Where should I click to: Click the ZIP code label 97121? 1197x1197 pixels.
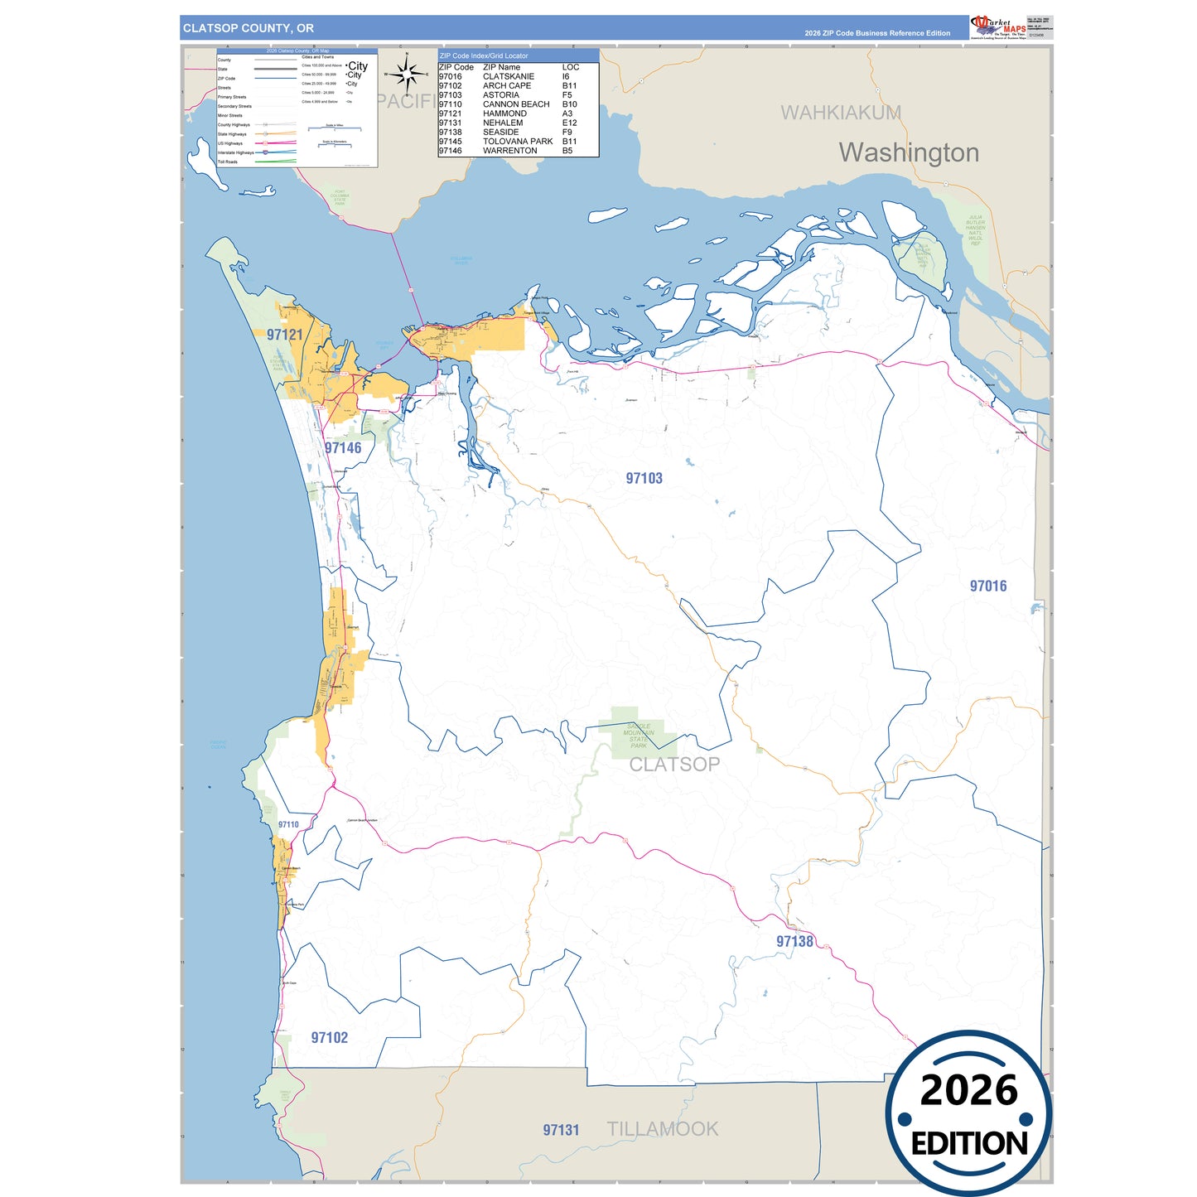285,335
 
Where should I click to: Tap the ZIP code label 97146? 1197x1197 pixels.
343,448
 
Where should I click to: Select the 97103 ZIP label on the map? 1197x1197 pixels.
644,478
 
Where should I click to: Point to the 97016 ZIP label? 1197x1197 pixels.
988,586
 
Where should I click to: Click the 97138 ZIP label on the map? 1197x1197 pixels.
794,941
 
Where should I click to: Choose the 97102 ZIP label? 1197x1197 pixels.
329,1037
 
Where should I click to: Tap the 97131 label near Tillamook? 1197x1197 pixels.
561,1130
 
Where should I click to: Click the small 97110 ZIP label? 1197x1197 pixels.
288,824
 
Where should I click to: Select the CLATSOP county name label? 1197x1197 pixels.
674,765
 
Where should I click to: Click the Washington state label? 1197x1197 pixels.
909,152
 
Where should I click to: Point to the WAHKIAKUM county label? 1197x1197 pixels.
841,113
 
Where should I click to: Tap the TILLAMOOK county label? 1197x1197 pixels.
663,1129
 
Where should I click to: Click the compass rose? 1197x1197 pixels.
407,75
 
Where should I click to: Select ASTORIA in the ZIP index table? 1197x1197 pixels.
501,95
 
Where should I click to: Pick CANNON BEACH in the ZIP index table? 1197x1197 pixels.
516,104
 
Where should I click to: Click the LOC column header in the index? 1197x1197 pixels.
571,67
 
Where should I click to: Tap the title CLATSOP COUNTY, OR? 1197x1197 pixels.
249,28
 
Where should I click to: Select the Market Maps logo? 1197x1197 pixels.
999,27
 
